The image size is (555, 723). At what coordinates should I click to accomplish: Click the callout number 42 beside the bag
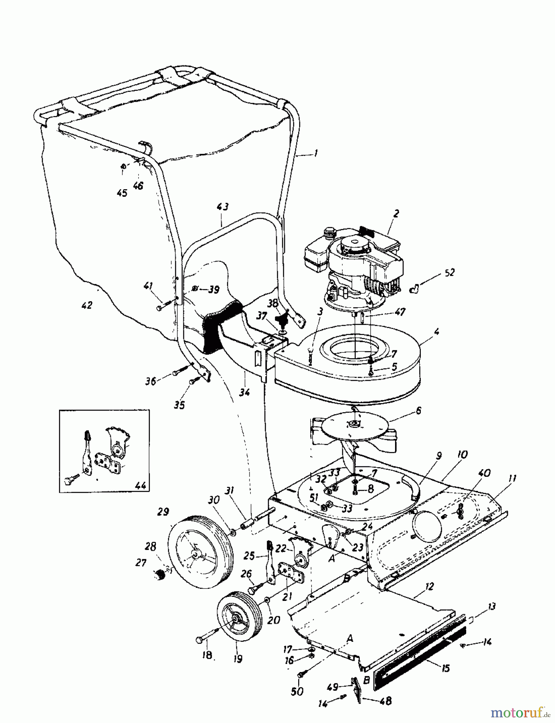click(x=87, y=305)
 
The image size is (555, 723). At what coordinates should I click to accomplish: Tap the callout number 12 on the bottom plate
click(x=429, y=586)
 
